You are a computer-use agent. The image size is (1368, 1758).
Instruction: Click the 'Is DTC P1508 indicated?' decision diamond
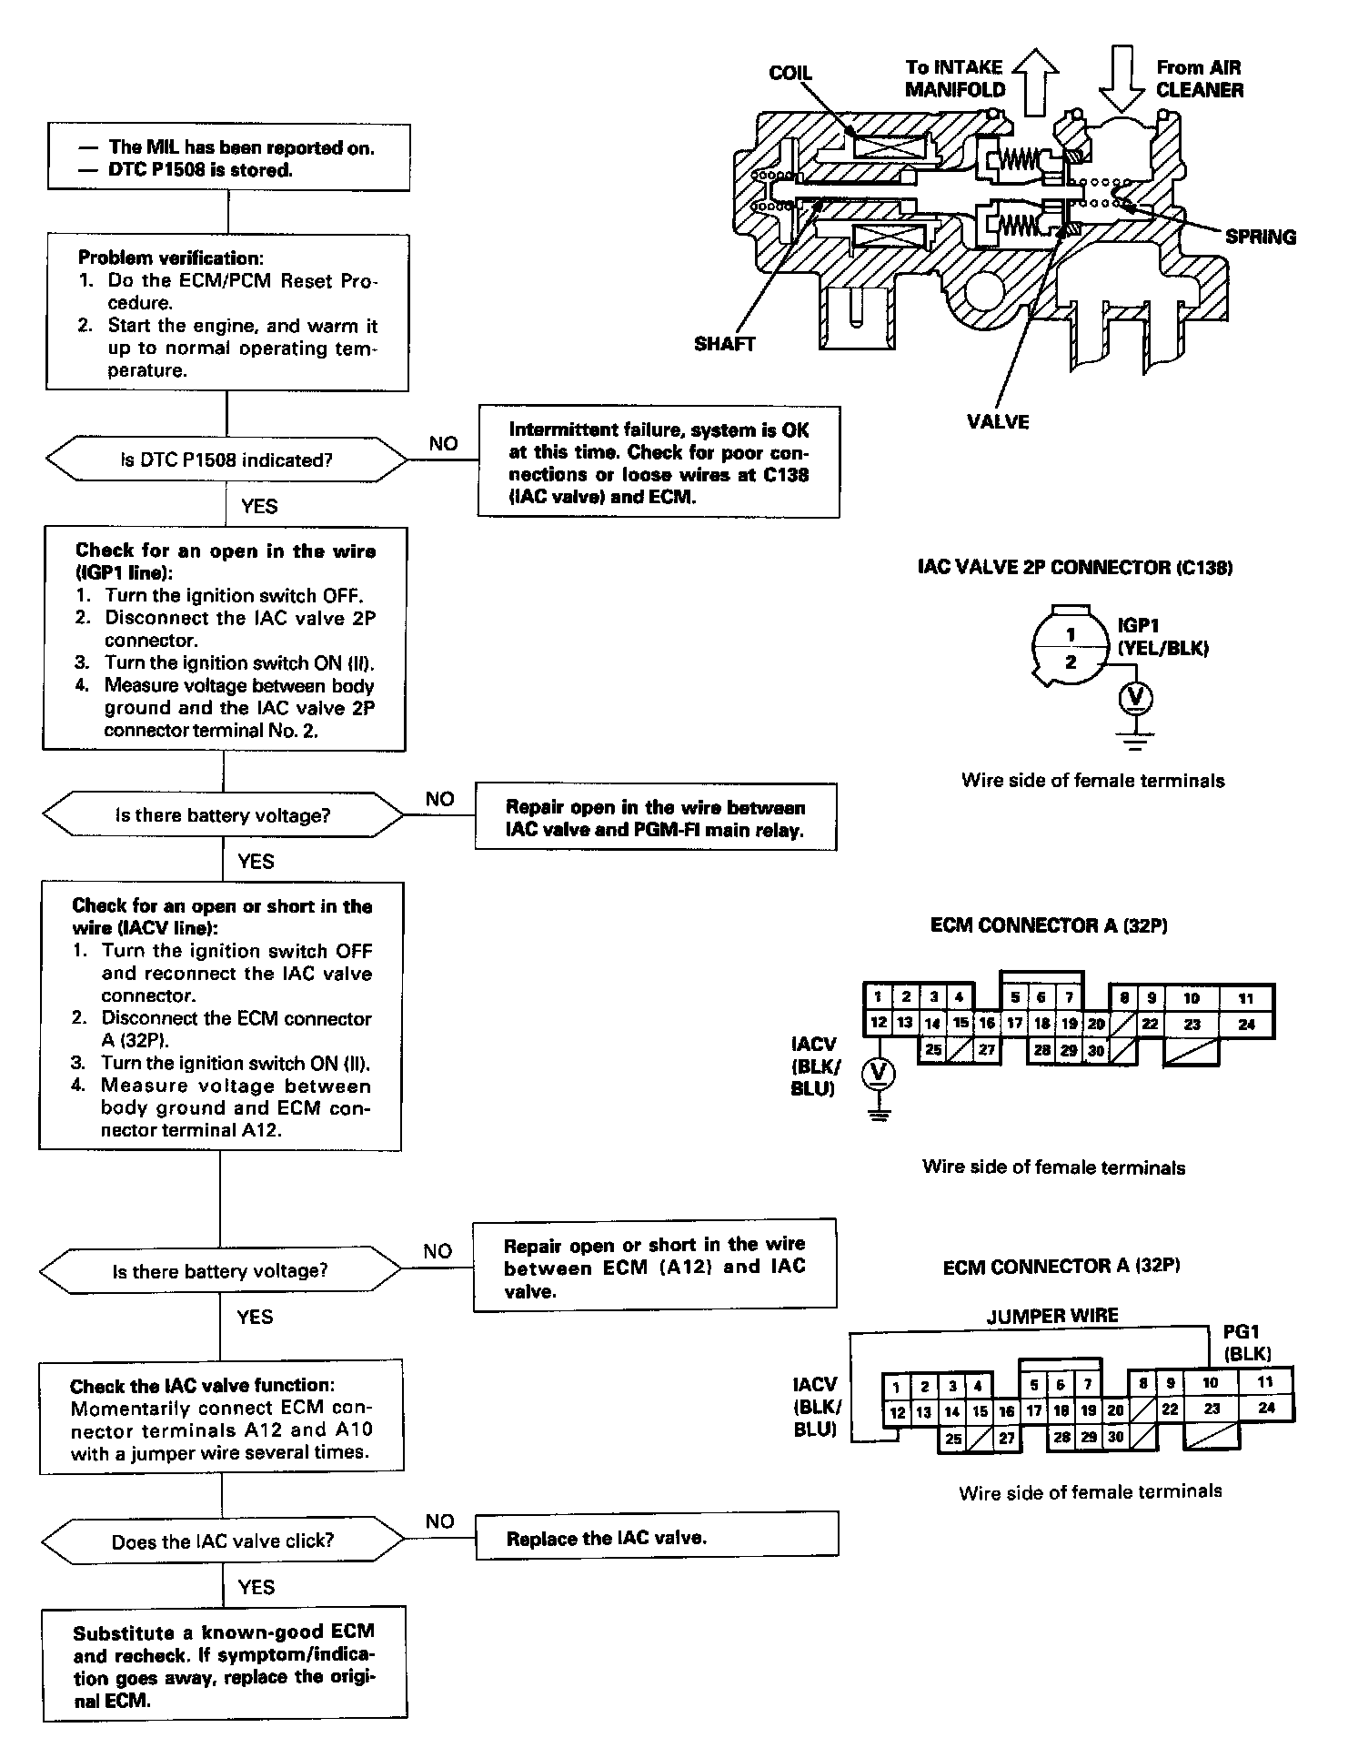[226, 460]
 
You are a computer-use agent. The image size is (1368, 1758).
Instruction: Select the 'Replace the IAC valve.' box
[656, 1538]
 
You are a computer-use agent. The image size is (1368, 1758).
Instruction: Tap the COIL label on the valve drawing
[790, 74]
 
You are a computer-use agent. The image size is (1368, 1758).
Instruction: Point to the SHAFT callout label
[724, 344]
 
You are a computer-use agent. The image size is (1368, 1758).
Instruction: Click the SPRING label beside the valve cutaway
[1260, 237]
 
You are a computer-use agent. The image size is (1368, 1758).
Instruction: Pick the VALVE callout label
[998, 421]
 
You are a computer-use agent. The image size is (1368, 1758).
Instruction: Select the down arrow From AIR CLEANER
[1124, 80]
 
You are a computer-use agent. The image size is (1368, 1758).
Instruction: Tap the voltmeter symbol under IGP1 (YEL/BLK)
[1135, 699]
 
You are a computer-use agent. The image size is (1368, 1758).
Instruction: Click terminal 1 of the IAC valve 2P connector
[1071, 634]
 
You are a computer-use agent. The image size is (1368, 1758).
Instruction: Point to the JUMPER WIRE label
[1052, 1315]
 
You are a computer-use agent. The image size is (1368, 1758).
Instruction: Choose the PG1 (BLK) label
[1247, 1342]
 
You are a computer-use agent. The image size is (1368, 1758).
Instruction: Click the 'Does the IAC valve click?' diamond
[223, 1541]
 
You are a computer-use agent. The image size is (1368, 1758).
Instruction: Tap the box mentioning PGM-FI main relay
[655, 819]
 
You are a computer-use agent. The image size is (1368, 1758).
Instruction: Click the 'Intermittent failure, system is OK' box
[659, 463]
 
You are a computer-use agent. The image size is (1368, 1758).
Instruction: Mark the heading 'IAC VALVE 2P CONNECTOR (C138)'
[1075, 568]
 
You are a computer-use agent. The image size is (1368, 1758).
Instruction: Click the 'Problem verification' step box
[227, 313]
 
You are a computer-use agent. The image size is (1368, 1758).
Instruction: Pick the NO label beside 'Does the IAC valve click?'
[439, 1521]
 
